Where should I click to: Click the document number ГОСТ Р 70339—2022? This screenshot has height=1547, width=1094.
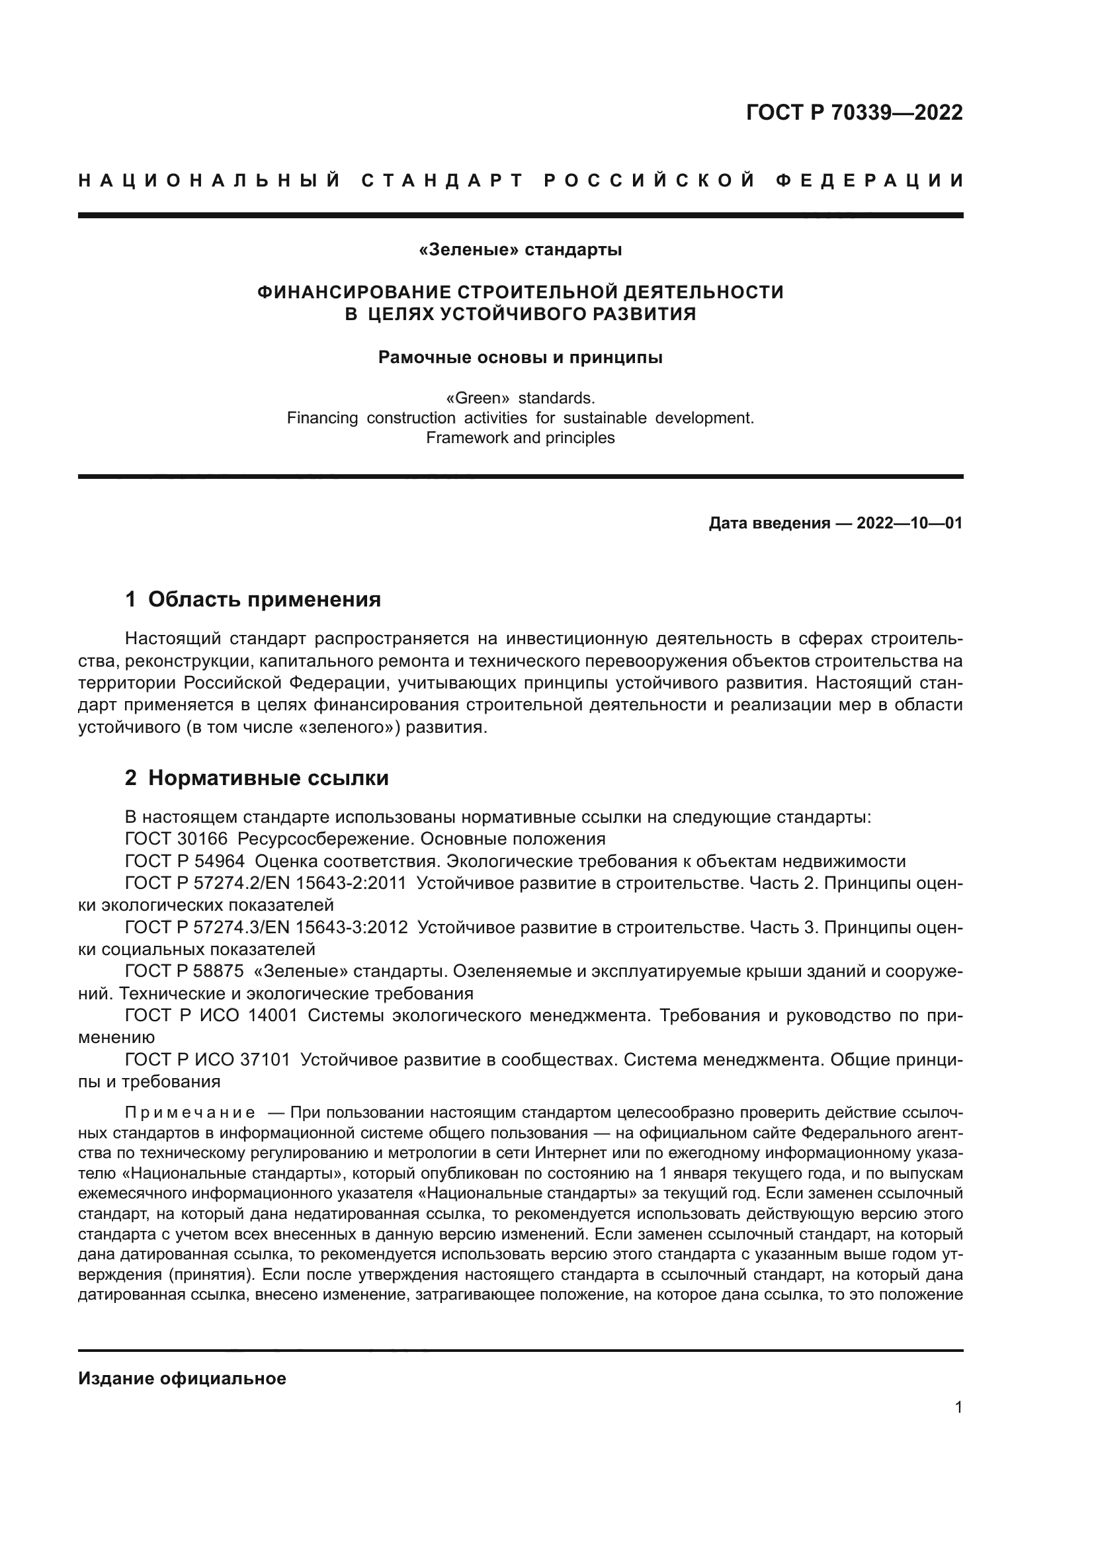(853, 112)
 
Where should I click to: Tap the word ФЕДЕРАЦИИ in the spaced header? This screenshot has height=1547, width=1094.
(869, 181)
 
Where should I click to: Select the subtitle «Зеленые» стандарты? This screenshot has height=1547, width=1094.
(520, 250)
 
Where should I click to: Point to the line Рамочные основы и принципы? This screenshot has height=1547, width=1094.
(520, 357)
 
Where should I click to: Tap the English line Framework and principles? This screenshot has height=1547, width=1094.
(520, 438)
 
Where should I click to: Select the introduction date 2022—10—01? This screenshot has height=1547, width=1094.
(909, 523)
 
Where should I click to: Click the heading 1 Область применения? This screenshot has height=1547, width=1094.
(253, 599)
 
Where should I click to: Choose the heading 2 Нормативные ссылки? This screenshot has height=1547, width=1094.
(257, 778)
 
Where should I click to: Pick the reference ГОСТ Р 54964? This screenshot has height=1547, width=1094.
(185, 861)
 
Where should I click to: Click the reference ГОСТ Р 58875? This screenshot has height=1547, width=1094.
(185, 972)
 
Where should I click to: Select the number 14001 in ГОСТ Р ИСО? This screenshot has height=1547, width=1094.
(272, 1015)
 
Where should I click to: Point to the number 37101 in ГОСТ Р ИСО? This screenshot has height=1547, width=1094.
(265, 1060)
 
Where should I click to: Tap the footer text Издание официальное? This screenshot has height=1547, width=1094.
(182, 1378)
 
